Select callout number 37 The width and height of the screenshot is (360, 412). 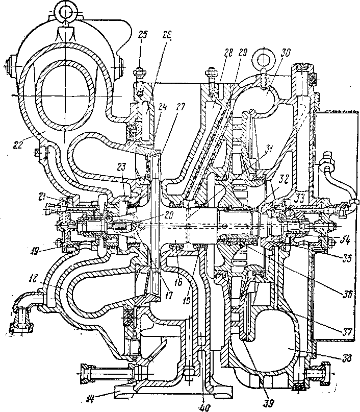click(347, 330)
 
